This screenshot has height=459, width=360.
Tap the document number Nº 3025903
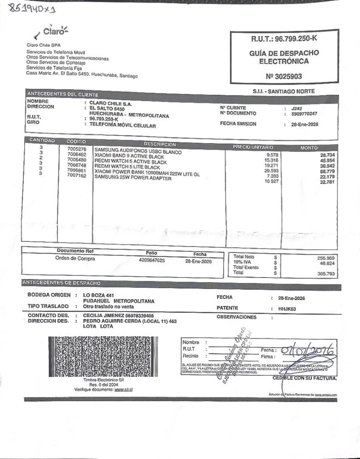click(x=285, y=77)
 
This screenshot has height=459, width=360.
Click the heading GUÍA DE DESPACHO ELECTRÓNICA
click(x=284, y=57)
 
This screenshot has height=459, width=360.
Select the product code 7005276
click(x=77, y=149)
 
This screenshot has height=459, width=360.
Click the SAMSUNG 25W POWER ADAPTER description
click(x=133, y=178)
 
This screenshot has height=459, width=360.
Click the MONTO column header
click(x=309, y=147)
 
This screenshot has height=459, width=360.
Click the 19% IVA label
click(x=241, y=263)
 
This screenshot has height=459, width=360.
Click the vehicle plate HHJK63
click(x=287, y=309)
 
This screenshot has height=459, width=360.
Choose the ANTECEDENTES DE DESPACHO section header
click(x=61, y=283)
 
